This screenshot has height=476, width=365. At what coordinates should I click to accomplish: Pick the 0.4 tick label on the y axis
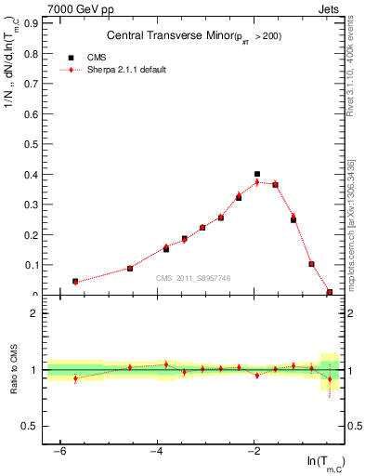point(29,174)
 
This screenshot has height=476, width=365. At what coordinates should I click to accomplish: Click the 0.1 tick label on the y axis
point(29,265)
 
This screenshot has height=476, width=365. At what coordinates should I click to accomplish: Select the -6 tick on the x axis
point(60,452)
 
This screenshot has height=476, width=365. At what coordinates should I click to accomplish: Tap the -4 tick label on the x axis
point(157,452)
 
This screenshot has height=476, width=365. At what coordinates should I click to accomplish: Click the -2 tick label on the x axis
point(254,452)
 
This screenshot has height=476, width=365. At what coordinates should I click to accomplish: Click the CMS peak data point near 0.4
point(257,174)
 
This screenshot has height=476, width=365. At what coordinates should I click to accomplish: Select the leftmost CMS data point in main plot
point(75,281)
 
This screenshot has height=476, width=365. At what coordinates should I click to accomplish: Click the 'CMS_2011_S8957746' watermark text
point(193,278)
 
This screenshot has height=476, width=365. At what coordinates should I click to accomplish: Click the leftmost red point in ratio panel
point(75,378)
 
